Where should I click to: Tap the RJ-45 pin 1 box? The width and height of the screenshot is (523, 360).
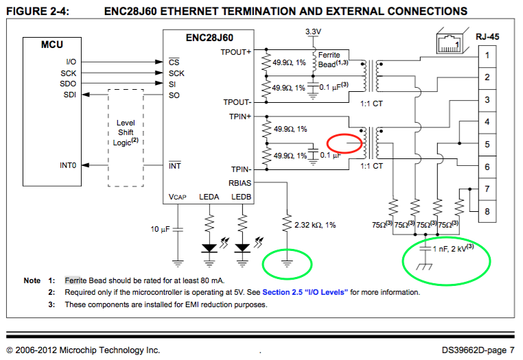[x=486, y=56]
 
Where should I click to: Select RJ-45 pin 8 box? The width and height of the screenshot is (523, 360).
[x=486, y=211]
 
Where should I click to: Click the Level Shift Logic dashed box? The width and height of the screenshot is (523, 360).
[x=126, y=136]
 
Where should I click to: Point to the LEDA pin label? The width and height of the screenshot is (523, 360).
[x=209, y=197]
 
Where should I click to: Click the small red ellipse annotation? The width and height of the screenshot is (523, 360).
[x=345, y=143]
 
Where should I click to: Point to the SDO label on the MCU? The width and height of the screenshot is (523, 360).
[x=68, y=84]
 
